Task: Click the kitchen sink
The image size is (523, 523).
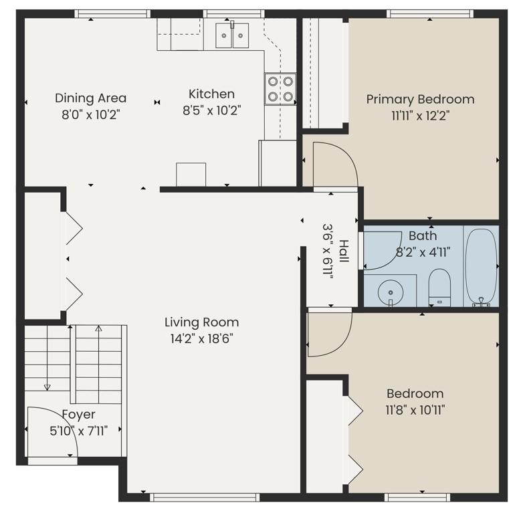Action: pos(232,35)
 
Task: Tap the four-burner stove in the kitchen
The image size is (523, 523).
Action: pos(280,89)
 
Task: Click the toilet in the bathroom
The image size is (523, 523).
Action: pos(439,288)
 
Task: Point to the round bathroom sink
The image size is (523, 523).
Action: pos(391,292)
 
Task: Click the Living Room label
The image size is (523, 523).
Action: pos(202,322)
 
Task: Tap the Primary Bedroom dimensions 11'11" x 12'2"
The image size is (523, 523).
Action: pos(420,116)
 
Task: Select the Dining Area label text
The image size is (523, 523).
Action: pos(91,98)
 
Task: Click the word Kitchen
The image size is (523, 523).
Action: pos(211,94)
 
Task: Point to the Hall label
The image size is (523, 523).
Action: pos(344,251)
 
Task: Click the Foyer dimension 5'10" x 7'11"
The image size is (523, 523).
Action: pos(79,431)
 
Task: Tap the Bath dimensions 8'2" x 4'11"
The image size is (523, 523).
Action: pos(423,252)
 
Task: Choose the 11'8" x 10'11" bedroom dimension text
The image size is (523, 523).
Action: pos(415,409)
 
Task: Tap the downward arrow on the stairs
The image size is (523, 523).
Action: pos(47,358)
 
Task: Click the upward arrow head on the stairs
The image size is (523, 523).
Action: pos(98,328)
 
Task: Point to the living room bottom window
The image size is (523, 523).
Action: pos(205,498)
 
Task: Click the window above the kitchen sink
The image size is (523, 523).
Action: pos(234,13)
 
